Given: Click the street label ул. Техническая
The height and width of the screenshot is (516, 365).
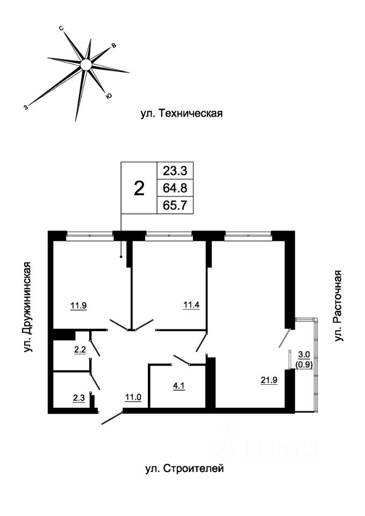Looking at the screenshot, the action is pyautogui.click(x=182, y=114).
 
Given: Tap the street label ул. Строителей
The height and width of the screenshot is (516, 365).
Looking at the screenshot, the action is pyautogui.click(x=184, y=468).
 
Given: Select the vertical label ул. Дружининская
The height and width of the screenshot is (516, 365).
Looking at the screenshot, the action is pyautogui.click(x=28, y=307).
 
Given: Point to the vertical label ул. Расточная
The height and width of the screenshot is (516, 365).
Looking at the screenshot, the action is pyautogui.click(x=338, y=306).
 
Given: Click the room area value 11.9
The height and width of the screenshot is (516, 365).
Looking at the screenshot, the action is pyautogui.click(x=78, y=306).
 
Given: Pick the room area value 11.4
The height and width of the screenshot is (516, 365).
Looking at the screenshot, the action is pyautogui.click(x=191, y=305).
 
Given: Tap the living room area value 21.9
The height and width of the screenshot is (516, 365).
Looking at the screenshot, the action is pyautogui.click(x=269, y=380).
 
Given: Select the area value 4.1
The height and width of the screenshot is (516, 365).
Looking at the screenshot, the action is pyautogui.click(x=178, y=385).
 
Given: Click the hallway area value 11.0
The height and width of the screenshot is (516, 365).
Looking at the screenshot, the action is pyautogui.click(x=133, y=397).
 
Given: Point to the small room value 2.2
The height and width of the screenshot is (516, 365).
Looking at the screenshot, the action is pyautogui.click(x=80, y=350).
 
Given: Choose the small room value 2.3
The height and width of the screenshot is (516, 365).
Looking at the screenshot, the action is pyautogui.click(x=78, y=398).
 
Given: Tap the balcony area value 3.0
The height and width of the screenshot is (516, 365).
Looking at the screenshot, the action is pyautogui.click(x=304, y=354).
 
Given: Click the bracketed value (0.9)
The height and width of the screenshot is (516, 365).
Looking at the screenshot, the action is pyautogui.click(x=304, y=364).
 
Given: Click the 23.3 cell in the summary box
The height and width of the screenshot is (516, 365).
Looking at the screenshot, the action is pyautogui.click(x=175, y=171).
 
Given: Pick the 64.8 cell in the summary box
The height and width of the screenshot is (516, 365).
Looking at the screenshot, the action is pyautogui.click(x=175, y=188).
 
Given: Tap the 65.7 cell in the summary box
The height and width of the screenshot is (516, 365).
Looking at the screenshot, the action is pyautogui.click(x=175, y=205).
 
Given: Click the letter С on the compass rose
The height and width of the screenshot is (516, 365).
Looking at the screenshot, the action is pyautogui.click(x=61, y=28).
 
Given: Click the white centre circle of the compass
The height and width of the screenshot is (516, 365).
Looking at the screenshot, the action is pyautogui.click(x=86, y=64).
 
